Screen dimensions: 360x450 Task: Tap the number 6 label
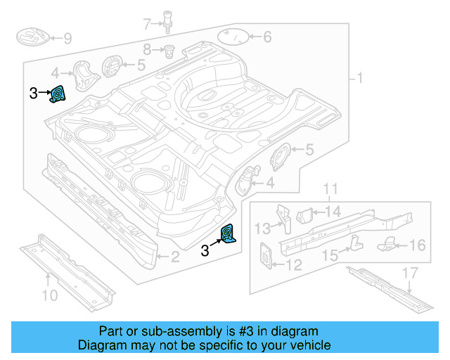coord(267,37)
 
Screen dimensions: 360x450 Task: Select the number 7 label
coord(147,25)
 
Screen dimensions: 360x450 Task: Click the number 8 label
coord(147,49)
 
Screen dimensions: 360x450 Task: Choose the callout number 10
coord(49,295)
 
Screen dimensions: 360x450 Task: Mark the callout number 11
coord(330,188)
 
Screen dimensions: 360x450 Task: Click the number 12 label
coord(293,264)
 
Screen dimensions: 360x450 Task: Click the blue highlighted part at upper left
coord(56,94)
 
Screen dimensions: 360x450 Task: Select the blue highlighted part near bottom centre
coord(229,233)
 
